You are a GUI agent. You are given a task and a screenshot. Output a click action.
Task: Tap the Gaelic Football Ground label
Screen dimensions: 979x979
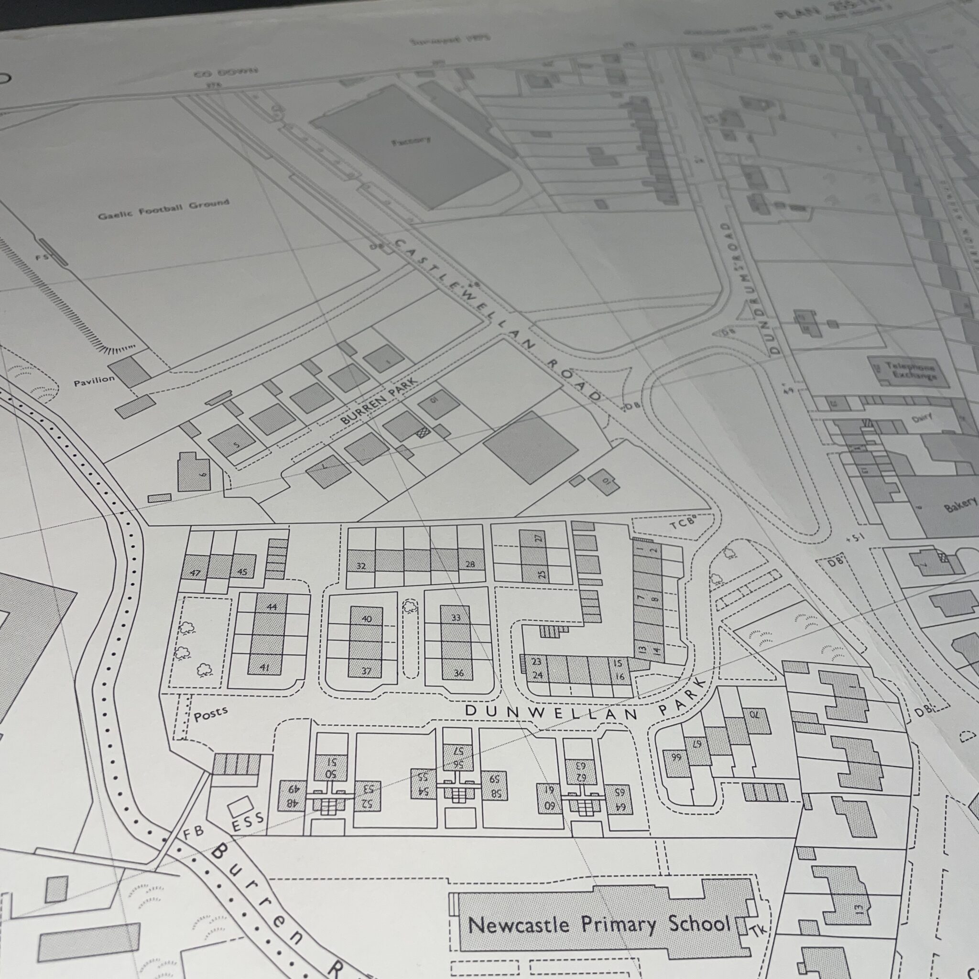click(x=163, y=210)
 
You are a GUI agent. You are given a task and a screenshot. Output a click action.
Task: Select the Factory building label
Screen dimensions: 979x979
click(x=411, y=141)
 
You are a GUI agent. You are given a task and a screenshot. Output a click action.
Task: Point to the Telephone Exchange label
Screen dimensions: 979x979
click(x=911, y=371)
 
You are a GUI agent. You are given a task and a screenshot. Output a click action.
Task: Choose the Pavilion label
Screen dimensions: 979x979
click(x=94, y=381)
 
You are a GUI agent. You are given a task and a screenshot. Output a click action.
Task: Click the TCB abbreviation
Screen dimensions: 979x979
click(x=682, y=524)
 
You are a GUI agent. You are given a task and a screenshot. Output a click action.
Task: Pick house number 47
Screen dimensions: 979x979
click(x=195, y=573)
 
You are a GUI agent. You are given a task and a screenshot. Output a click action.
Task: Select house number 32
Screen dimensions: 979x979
click(x=361, y=566)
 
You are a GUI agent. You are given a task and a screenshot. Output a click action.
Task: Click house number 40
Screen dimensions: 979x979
click(x=367, y=618)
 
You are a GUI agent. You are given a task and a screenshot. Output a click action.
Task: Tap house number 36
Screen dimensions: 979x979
click(x=458, y=673)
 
